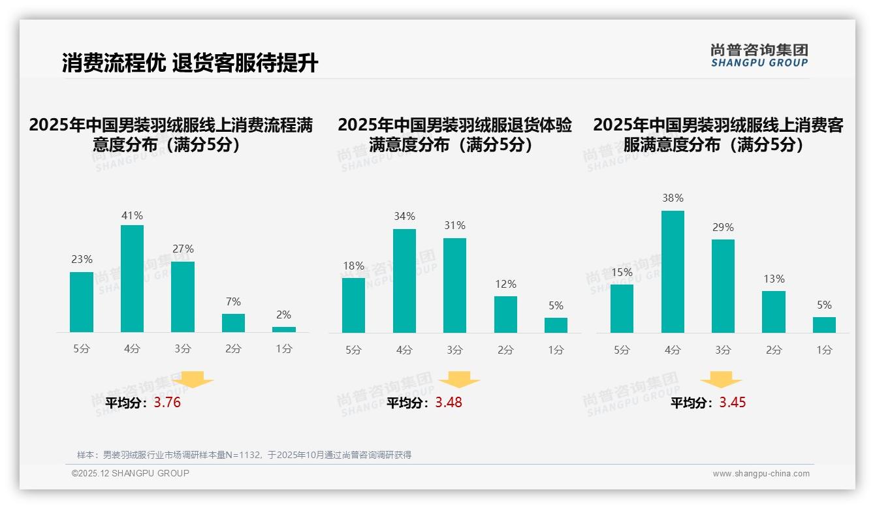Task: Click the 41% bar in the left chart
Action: [x=133, y=279]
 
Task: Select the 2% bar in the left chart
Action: [x=284, y=330]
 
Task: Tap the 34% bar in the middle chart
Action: [x=404, y=281]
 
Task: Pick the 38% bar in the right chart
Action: [x=673, y=271]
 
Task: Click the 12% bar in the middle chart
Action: [x=505, y=315]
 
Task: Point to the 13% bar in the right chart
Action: [x=774, y=312]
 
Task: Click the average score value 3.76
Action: [x=167, y=403]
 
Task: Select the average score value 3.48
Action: [x=449, y=403]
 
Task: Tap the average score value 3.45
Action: [x=733, y=403]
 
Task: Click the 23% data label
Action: [x=82, y=259]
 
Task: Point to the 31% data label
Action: [x=454, y=225]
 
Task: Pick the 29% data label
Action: [x=723, y=227]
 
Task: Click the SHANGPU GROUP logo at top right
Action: [x=759, y=55]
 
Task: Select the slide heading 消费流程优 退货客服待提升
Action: [x=190, y=63]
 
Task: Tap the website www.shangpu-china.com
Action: [x=761, y=474]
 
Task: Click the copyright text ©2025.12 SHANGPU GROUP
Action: [x=131, y=473]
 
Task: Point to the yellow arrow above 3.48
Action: [x=459, y=379]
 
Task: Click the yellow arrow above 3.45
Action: [x=721, y=379]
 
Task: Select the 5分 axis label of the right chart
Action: [x=622, y=350]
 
